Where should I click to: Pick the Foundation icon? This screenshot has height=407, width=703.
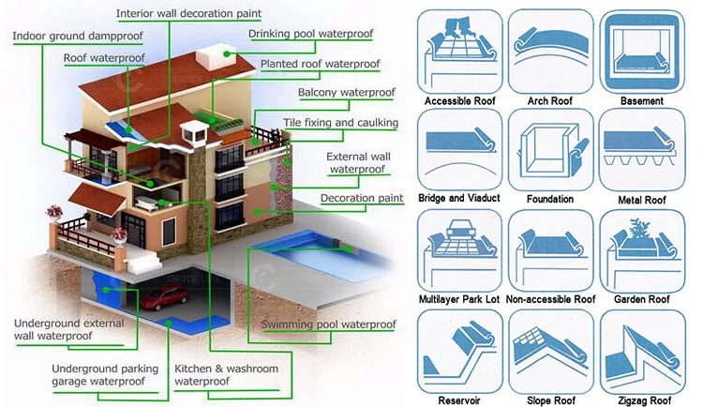(550, 150)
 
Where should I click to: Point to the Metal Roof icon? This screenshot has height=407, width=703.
(641, 150)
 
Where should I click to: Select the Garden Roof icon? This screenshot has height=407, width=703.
(641, 249)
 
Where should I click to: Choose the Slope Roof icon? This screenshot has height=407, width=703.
(550, 349)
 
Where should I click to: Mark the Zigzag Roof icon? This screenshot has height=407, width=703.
(641, 349)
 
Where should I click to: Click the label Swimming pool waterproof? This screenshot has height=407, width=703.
(328, 324)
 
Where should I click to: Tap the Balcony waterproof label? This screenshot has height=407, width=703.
(346, 93)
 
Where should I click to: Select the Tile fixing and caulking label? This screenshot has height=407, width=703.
(340, 123)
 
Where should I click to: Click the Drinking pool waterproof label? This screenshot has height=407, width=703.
(310, 35)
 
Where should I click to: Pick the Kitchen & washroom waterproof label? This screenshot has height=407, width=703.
(226, 375)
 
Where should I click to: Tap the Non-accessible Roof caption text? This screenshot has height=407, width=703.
(550, 300)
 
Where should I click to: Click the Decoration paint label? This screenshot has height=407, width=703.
(362, 199)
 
